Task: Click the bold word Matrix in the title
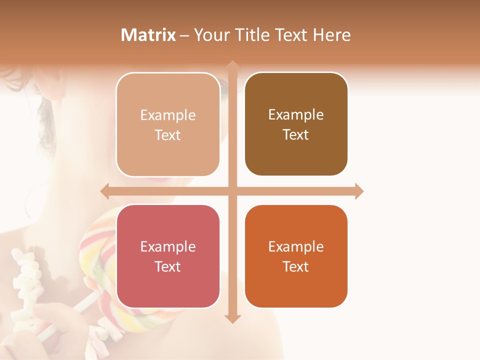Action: [148, 35]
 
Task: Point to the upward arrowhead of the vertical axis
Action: [232, 65]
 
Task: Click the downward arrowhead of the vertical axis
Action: [232, 318]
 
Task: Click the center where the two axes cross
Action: [232, 191]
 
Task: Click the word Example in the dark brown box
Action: [296, 115]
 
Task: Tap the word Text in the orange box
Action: [296, 266]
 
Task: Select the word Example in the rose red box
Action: [168, 246]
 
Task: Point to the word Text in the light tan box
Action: [168, 135]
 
